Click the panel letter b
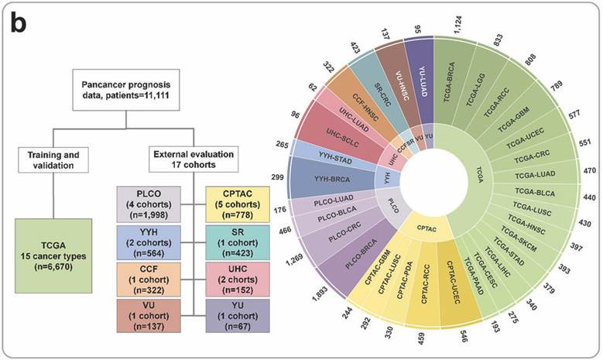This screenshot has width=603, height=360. pos(17,23)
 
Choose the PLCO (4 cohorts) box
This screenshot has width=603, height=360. pos(148,203)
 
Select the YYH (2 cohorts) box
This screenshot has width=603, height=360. pos(148,239)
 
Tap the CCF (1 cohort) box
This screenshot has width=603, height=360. pos(148,277)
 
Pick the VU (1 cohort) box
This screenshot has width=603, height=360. pos(148,314)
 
